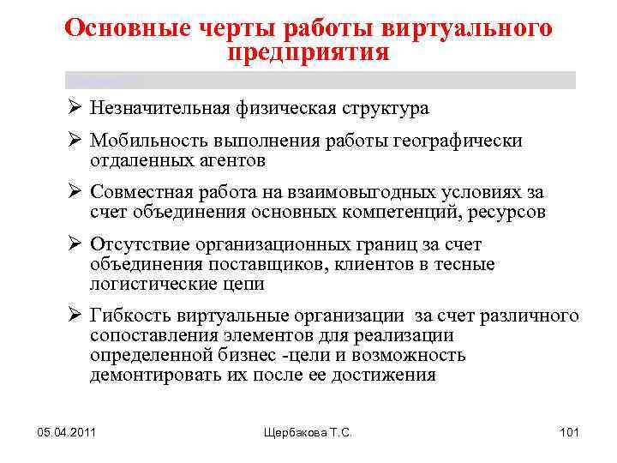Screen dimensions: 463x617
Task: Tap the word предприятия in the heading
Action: point(308,52)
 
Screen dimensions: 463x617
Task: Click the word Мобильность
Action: point(146,141)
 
